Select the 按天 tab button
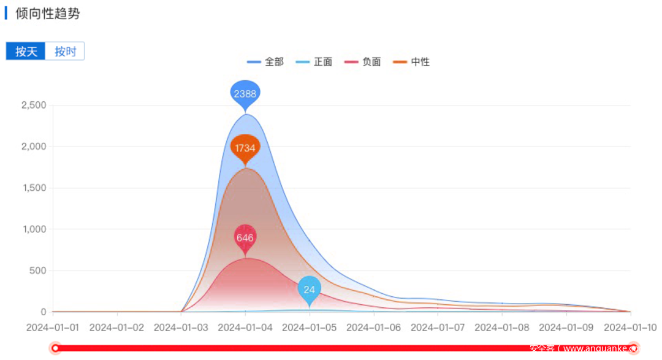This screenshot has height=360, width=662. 26,52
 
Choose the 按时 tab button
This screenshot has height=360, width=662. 65,52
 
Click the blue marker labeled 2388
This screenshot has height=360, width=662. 245,94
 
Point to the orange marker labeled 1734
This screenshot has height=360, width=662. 245,148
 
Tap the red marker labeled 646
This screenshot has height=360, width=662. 245,237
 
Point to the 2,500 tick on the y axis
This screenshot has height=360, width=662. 34,105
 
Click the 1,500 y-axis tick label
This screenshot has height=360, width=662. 34,188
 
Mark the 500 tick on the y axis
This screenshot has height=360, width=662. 39,270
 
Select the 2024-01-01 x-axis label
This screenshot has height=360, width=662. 53,327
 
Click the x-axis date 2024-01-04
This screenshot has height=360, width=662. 245,327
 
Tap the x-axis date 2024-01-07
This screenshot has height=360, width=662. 438,327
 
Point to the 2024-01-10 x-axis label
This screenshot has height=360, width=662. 630,327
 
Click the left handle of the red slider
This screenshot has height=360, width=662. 56,348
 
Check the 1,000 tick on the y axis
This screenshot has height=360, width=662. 34,229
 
